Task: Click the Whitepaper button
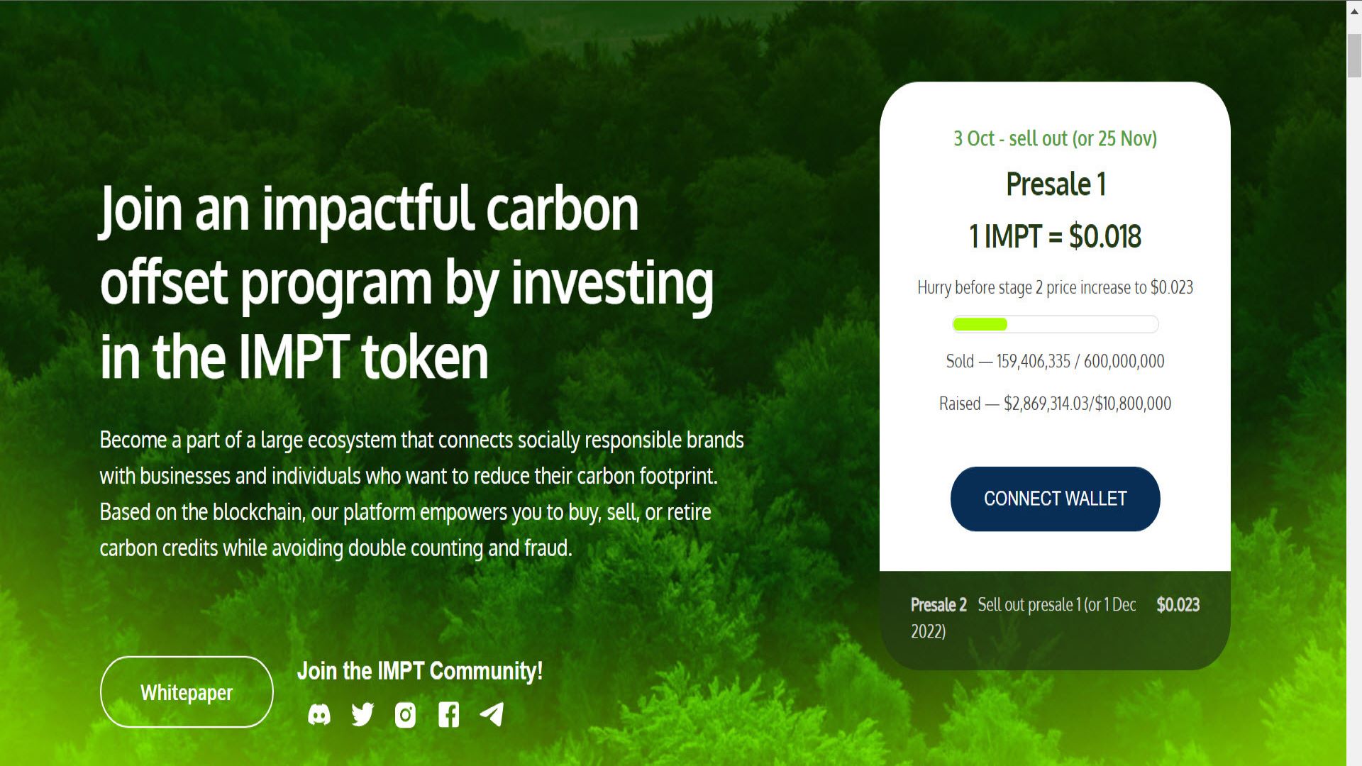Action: tap(187, 692)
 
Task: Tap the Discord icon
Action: tap(319, 715)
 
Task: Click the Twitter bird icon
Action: tap(362, 714)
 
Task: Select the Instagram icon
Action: tap(405, 715)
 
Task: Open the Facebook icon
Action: tap(448, 715)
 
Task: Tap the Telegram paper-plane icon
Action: tap(492, 714)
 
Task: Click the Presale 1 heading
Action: tap(1056, 184)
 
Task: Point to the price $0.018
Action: tap(1105, 236)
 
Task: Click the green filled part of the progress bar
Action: tap(980, 324)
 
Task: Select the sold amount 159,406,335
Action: tap(1033, 361)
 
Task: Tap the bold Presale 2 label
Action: tap(939, 605)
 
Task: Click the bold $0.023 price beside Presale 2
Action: tap(1178, 605)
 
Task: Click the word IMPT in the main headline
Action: tap(292, 356)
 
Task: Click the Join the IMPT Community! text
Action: tap(420, 671)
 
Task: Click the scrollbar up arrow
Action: tap(1354, 11)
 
